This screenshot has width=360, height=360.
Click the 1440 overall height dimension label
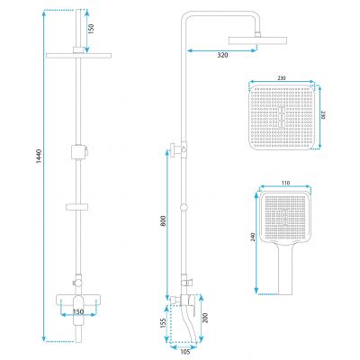(x=39, y=156)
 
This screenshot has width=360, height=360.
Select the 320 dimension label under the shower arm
(x=222, y=55)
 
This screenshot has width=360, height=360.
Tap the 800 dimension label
(x=163, y=221)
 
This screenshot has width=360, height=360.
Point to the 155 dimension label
(x=164, y=323)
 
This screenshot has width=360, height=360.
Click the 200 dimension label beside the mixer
(x=205, y=318)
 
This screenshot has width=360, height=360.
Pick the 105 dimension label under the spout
(x=185, y=352)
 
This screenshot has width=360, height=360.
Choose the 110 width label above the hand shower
(x=285, y=183)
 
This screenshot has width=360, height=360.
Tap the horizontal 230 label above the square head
(x=282, y=78)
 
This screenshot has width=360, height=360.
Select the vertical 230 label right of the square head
(x=323, y=115)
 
